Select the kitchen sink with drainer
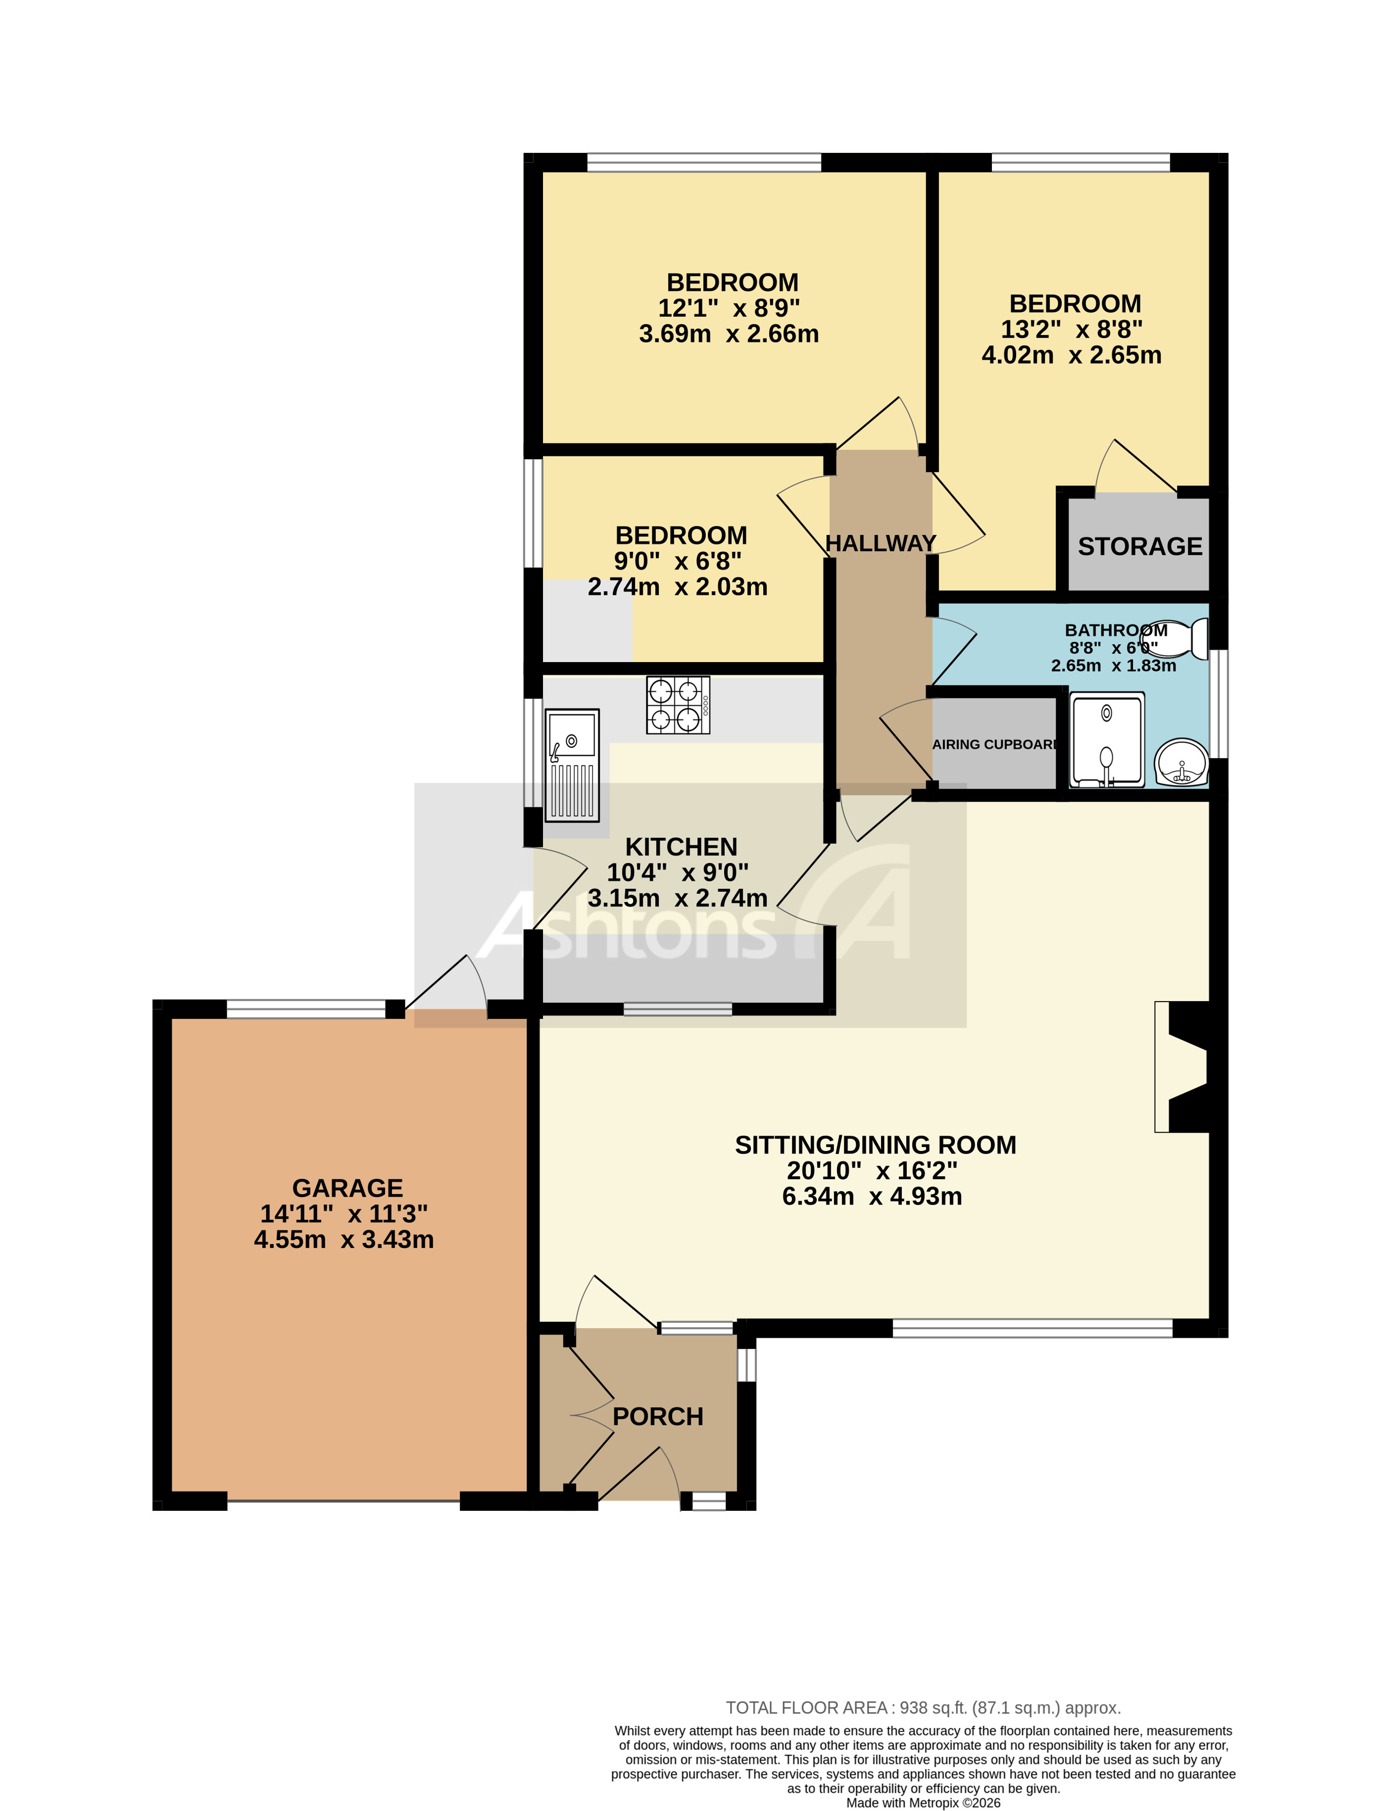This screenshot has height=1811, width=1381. [572, 764]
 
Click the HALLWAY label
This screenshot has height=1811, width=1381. [881, 544]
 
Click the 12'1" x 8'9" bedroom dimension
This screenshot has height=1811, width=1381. [728, 308]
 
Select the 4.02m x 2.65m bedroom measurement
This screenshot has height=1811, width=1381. [1071, 355]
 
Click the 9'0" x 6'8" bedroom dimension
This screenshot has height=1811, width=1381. [678, 561]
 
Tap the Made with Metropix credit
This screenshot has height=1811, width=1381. [923, 1803]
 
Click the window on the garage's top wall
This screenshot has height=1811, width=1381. [306, 1009]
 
